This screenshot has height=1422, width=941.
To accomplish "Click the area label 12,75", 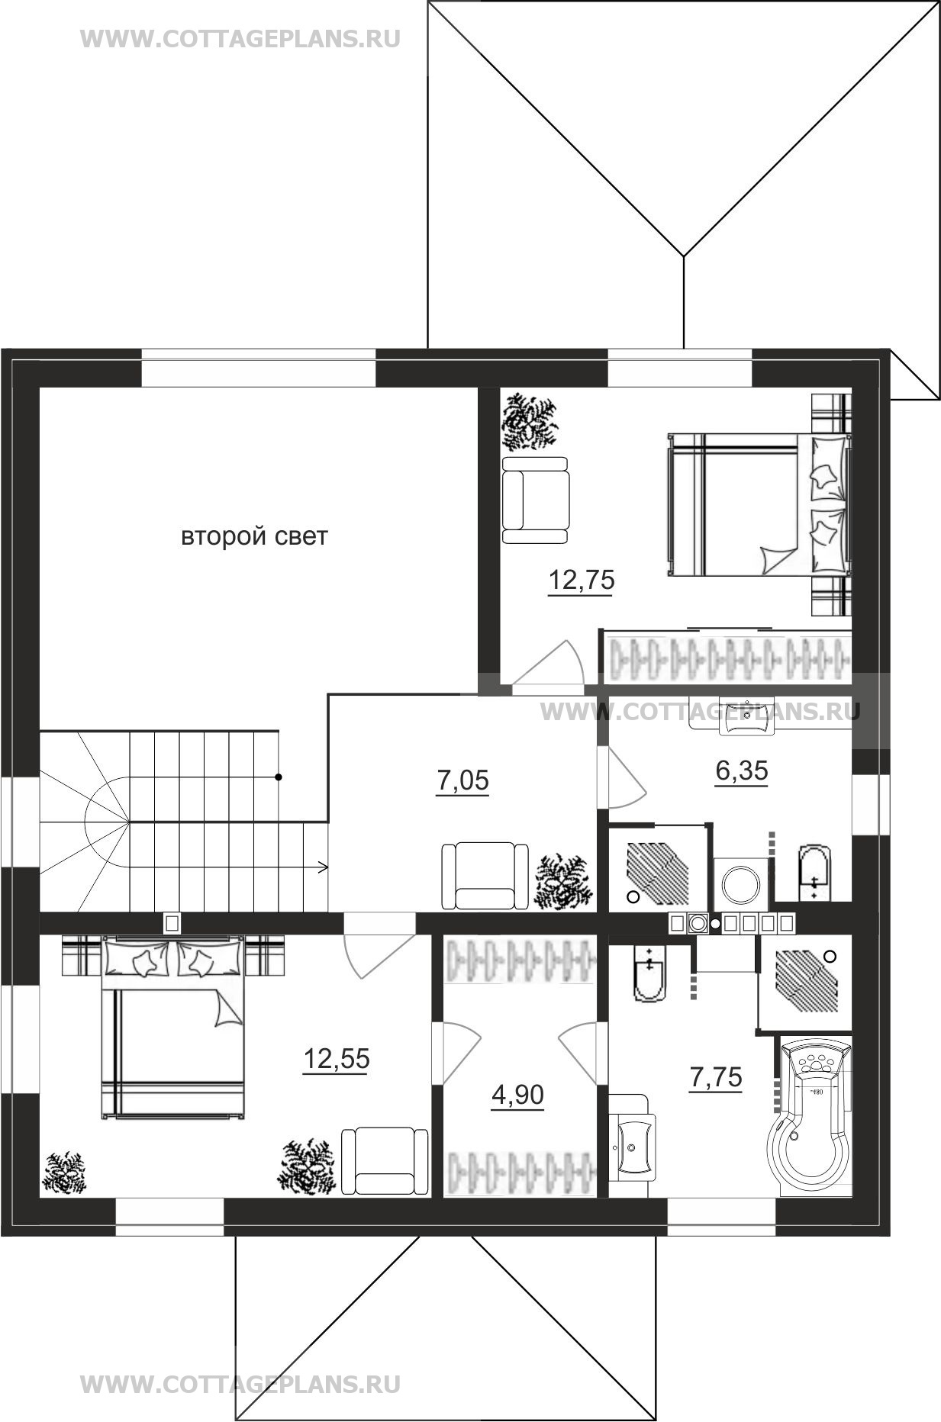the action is point(582,581).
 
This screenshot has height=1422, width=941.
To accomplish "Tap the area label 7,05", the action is point(462,782).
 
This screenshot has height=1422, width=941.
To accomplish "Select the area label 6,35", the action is point(742,771).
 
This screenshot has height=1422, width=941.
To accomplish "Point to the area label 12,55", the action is point(337,1060).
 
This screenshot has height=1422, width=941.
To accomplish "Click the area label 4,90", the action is point(518,1095).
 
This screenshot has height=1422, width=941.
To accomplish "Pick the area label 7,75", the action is point(716,1078).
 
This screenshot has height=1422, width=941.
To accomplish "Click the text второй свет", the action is point(254,536).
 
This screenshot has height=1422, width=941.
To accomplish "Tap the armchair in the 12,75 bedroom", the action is point(536,500).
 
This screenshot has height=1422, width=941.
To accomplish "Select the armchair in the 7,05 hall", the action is point(485,876).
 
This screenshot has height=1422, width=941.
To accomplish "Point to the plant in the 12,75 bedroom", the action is point(530,422).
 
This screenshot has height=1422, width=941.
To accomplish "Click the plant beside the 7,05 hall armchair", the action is point(564,881).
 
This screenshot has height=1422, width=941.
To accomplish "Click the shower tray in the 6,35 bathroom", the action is point(657,868).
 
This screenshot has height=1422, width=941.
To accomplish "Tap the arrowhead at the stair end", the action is point(324,867).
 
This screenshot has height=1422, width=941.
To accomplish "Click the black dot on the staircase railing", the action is point(279,777).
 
